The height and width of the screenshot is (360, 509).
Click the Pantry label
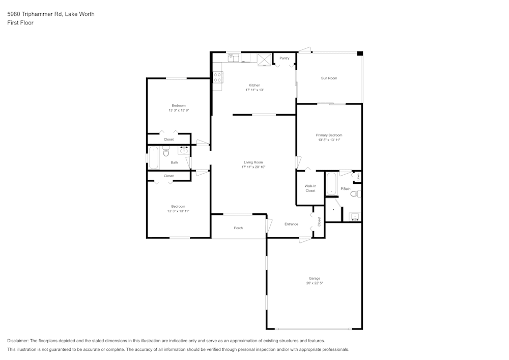[285, 58]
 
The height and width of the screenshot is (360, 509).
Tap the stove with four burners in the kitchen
[218, 77]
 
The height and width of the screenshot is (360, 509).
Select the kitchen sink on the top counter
[234, 58]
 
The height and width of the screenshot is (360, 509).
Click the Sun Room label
[329, 78]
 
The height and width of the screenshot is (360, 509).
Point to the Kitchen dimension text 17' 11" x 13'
[254, 90]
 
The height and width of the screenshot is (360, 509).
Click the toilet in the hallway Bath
[166, 151]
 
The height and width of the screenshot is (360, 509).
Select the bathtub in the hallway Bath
[153, 158]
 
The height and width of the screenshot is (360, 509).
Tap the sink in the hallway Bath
[183, 150]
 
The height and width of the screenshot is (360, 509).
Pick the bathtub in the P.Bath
[331, 184]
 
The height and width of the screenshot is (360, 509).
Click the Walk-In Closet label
[310, 188]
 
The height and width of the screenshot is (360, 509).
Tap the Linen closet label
[359, 176]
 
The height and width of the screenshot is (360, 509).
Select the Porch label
[238, 228]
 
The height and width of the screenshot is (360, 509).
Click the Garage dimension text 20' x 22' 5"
[315, 283]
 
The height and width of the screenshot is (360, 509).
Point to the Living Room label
[253, 162]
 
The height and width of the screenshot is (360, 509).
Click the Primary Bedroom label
[329, 135]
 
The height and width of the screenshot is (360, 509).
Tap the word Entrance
[291, 224]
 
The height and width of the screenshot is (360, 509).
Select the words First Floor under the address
[20, 23]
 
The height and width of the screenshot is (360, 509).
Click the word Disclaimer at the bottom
[18, 341]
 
